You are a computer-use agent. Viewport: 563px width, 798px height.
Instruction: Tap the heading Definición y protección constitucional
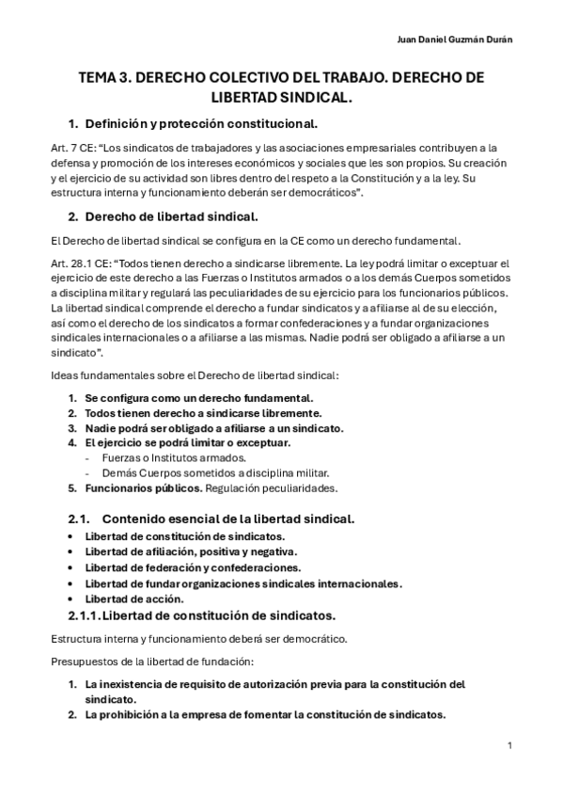(x=201, y=123)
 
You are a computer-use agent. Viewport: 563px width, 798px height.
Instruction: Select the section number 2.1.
(x=78, y=519)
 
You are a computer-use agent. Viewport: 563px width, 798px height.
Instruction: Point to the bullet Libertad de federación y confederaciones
(x=192, y=567)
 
